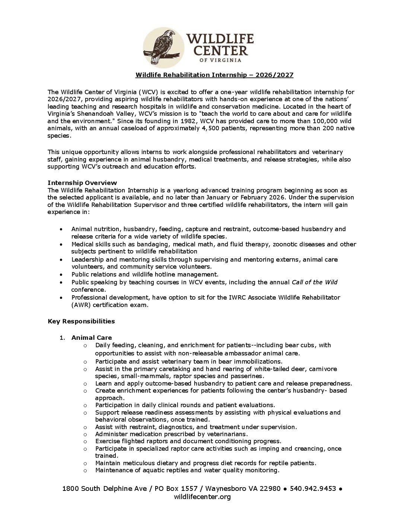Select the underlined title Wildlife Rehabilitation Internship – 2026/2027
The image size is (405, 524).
[214, 75]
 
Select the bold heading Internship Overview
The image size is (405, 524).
[82, 183]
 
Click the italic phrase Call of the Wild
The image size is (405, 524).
[315, 282]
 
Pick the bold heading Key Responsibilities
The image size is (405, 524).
[81, 321]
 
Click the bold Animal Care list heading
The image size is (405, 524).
[92, 338]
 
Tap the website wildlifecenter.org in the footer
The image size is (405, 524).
[202, 497]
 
